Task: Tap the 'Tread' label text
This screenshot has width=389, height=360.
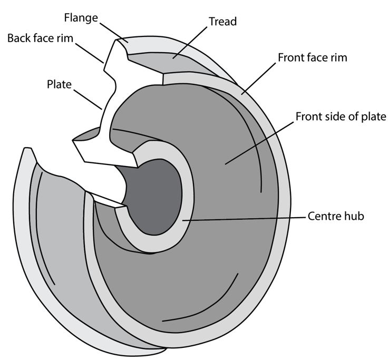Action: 222,22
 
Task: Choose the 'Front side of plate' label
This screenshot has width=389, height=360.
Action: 341,116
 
